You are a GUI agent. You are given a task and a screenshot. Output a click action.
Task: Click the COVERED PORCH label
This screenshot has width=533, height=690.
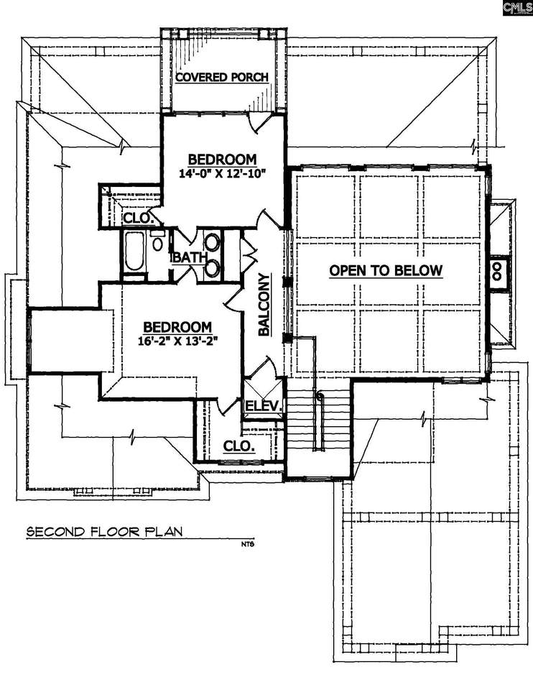pos(222,77)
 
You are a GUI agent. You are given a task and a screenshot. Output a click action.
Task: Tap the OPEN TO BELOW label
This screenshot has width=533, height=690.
pos(386,270)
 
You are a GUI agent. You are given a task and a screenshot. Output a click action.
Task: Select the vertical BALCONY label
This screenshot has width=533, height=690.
pos(264,305)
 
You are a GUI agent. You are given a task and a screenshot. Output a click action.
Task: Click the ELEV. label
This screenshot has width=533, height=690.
pos(263,405)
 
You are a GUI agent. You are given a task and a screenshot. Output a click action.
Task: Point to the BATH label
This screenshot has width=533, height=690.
pos(190,257)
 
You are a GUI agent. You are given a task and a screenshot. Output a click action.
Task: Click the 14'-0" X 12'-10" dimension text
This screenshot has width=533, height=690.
pos(223,173)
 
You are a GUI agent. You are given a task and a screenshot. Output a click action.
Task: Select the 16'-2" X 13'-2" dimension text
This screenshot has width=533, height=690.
pos(177,341)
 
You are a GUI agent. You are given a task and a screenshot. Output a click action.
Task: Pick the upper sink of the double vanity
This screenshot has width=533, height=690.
pos(213,242)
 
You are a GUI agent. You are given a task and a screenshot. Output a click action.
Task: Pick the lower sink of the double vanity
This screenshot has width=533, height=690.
pos(213,268)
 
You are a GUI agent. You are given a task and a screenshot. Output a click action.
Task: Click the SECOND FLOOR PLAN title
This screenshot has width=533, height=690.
pos(104,532)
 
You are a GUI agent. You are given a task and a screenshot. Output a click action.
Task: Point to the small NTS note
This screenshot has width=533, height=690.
pos(248,544)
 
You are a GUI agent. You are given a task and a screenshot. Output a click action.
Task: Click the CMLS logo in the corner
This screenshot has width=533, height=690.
pos(518,8)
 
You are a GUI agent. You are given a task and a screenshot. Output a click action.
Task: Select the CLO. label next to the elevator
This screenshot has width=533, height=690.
pos(239,446)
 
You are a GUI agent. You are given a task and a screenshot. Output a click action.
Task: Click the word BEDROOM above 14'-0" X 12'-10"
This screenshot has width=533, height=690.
pos(222,159)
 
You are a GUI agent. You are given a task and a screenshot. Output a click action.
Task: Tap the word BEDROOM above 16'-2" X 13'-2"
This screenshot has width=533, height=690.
pos(177,327)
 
